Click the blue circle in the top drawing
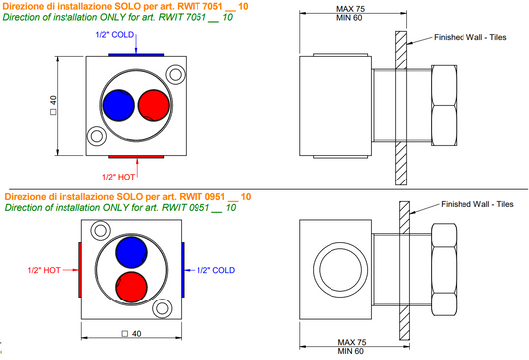[x=119, y=105]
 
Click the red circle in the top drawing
[x=154, y=105]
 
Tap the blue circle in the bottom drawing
[x=131, y=252]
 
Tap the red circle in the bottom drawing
[x=131, y=287]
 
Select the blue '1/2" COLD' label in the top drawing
[x=115, y=35]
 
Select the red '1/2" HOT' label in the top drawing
[x=118, y=177]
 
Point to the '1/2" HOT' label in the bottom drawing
[x=44, y=270]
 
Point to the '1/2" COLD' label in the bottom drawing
[x=216, y=270]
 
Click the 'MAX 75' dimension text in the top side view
[x=351, y=9]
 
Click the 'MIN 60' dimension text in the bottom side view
[x=351, y=351]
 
